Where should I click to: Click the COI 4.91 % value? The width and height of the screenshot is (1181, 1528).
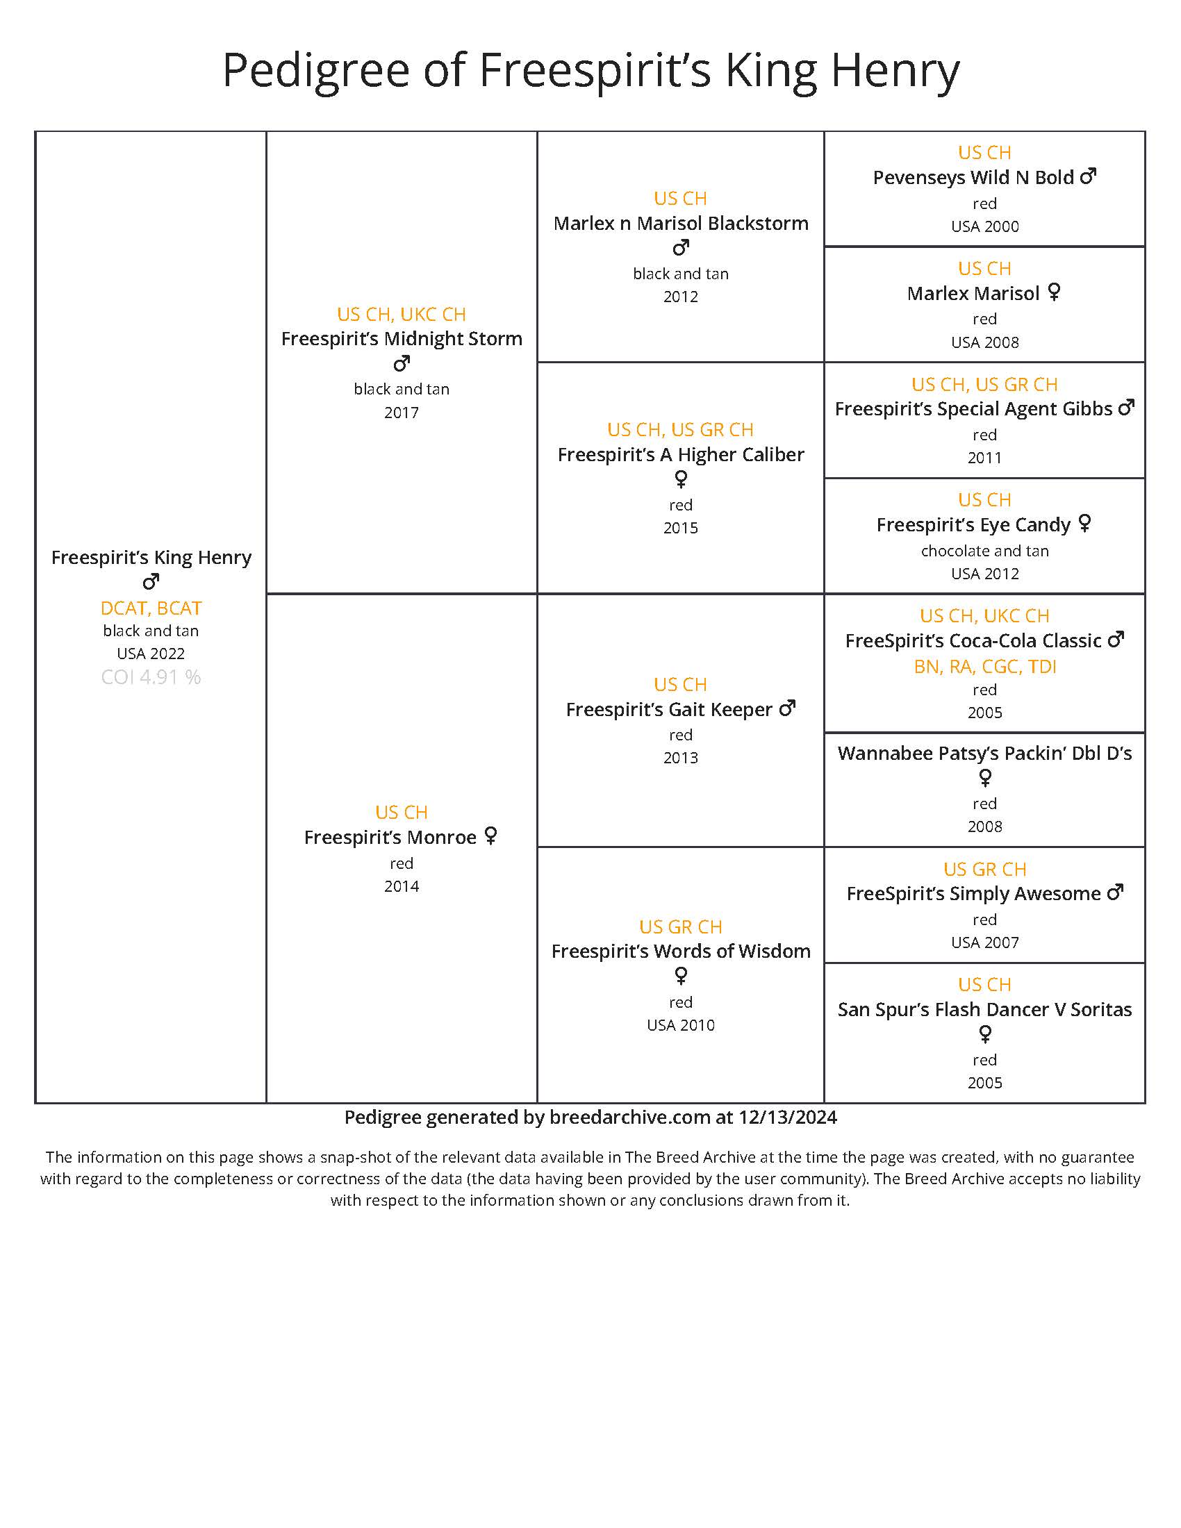pos(151,677)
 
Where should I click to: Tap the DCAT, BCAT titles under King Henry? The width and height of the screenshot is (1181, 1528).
pos(151,608)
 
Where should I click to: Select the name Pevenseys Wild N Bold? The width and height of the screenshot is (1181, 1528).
pos(973,178)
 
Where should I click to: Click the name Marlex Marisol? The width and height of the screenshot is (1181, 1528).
pos(973,293)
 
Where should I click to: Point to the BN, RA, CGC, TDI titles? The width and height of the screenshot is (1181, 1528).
pos(984,667)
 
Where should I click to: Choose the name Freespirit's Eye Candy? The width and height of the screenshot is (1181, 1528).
pos(973,524)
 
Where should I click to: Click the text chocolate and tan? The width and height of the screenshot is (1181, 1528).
pos(984,551)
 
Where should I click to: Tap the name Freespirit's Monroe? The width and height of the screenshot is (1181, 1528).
pos(390,838)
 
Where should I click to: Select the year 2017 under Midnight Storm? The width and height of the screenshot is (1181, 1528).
pos(401,413)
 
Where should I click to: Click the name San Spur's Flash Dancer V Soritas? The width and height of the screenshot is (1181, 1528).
pos(984,1010)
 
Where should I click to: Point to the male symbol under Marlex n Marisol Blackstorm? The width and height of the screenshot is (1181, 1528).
pos(681,248)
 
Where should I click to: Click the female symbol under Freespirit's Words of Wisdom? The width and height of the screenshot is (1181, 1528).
pos(681,975)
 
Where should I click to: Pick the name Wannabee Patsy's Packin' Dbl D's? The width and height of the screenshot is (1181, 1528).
pos(984,754)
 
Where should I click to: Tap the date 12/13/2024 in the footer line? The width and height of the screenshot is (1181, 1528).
pos(787,1118)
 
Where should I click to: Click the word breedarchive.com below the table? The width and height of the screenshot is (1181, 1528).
pos(629,1118)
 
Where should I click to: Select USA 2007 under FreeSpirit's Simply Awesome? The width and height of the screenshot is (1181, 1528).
pos(984,942)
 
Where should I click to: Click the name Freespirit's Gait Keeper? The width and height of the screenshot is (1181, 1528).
pos(668,709)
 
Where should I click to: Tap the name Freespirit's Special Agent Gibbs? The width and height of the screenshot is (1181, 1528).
pos(973,409)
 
